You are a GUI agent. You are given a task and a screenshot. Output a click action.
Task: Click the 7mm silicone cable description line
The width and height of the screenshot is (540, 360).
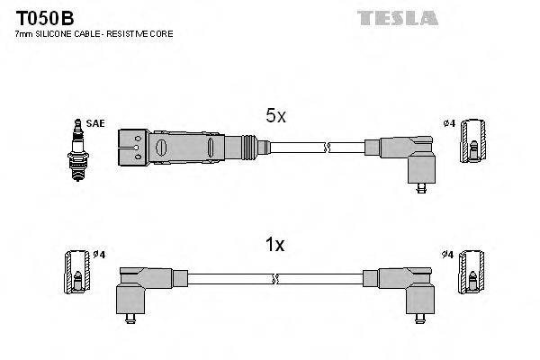pyautogui.click(x=94, y=33)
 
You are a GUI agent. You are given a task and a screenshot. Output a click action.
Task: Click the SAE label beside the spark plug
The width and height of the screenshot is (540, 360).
pyautogui.click(x=94, y=123)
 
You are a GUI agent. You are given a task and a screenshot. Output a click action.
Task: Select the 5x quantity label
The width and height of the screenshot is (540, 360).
pyautogui.click(x=275, y=116)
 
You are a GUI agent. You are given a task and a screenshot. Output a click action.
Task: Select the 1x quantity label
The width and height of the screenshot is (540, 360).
pyautogui.click(x=275, y=244)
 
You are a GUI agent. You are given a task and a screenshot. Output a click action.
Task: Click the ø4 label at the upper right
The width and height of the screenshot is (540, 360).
pyautogui.click(x=449, y=122)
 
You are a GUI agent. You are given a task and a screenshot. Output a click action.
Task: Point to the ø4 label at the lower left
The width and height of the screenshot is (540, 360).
pyautogui.click(x=98, y=256)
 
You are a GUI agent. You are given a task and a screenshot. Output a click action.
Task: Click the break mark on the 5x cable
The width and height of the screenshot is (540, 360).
pyautogui.click(x=329, y=146)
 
